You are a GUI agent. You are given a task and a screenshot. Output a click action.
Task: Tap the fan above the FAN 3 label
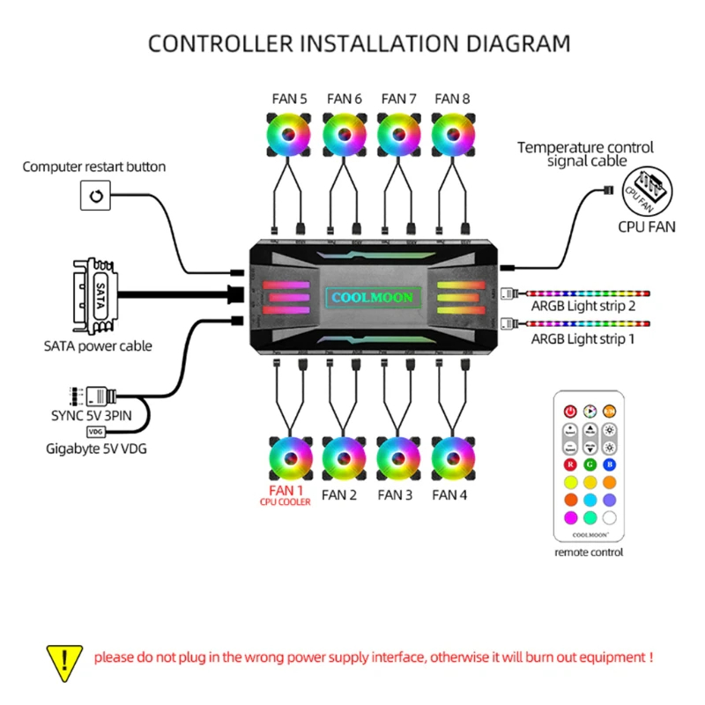pyautogui.click(x=397, y=458)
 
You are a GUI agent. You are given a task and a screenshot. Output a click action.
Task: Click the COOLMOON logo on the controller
pyautogui.click(x=370, y=298)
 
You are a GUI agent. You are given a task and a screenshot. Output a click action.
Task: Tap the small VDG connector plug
pyautogui.click(x=95, y=432)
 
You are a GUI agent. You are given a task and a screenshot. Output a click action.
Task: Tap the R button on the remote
pyautogui.click(x=570, y=464)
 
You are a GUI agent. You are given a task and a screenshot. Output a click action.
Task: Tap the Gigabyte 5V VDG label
pyautogui.click(x=96, y=449)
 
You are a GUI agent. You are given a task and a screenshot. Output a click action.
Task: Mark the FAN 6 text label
pyautogui.click(x=344, y=99)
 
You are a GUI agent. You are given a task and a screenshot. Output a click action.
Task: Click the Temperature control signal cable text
pyautogui.click(x=585, y=154)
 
